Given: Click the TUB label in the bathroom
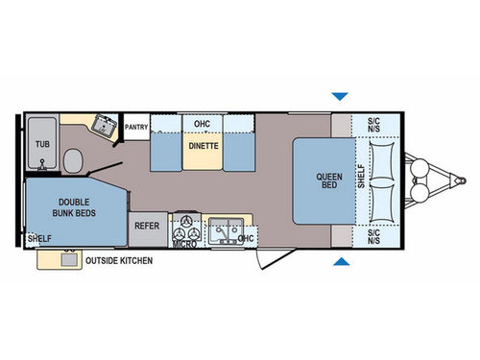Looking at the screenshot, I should pyautogui.click(x=42, y=144).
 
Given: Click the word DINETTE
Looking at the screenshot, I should pyautogui.click(x=203, y=146).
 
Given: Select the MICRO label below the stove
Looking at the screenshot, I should pyautogui.click(x=184, y=244).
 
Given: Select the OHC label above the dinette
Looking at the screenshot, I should pyautogui.click(x=202, y=124).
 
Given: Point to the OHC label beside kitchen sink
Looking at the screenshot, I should pyautogui.click(x=247, y=237).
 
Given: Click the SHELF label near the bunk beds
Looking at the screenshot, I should pyautogui.click(x=39, y=238).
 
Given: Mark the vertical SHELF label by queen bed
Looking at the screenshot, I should pyautogui.click(x=361, y=180).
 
